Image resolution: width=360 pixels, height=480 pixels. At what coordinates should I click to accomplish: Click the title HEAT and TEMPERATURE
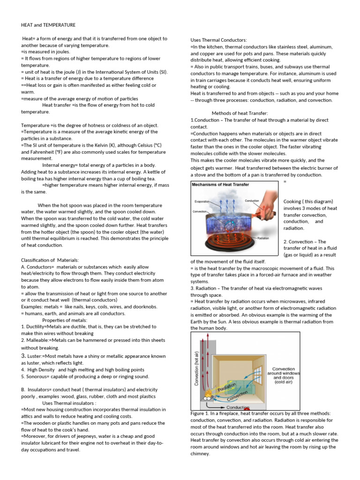point(48,25)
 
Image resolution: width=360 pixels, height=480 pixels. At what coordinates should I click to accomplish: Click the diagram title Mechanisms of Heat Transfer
point(221,185)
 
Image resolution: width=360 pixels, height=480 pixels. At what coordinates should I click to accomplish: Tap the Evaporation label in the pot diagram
point(202,202)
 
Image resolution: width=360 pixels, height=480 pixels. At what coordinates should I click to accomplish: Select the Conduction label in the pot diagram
point(252,201)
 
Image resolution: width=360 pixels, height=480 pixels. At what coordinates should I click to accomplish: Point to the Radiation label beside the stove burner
point(263,238)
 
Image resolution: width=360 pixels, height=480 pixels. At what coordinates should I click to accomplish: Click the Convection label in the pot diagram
point(200,211)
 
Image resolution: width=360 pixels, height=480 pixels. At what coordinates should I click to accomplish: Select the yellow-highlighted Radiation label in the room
point(226,386)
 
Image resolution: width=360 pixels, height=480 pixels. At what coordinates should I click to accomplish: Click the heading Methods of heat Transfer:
point(240,113)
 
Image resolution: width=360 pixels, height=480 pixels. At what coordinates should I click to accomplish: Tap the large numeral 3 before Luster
point(23,356)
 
